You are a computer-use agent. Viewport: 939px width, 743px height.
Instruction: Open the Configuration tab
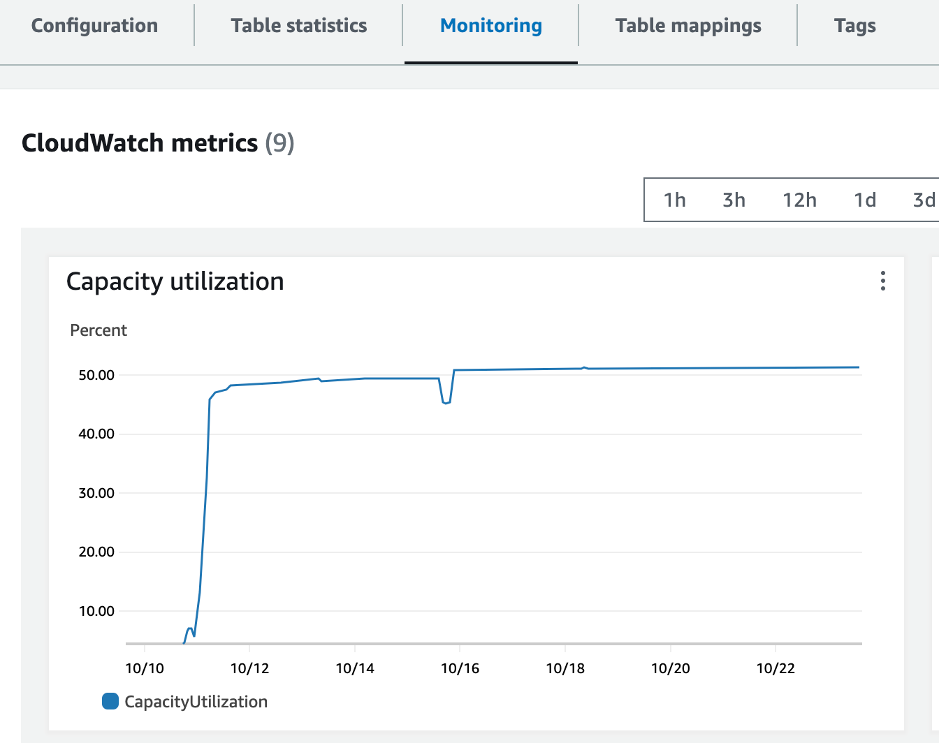tap(94, 26)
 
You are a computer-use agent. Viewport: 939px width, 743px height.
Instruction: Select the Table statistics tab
tap(298, 26)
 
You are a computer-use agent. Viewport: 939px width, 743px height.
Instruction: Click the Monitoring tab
tap(490, 26)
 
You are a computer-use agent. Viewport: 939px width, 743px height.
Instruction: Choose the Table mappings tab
tap(687, 26)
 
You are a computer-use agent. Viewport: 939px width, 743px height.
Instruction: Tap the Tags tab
tap(854, 26)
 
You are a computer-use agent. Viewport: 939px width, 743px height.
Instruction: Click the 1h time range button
tap(674, 200)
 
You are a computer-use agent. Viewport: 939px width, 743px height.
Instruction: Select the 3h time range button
tap(734, 200)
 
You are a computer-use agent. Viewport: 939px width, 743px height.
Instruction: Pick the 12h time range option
tap(799, 200)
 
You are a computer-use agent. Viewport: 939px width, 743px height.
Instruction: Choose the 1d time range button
tap(865, 200)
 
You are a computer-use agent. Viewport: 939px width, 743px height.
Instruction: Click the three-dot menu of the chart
tap(883, 281)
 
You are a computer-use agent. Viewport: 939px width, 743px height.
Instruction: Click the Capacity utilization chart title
tap(175, 281)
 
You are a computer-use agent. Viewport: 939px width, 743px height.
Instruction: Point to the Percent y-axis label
tap(99, 330)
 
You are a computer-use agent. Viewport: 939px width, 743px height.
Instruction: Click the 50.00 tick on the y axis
tap(96, 375)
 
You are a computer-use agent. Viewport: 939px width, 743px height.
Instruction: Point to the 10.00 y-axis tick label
tap(96, 611)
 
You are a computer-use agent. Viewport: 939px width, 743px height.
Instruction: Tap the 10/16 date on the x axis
tap(460, 668)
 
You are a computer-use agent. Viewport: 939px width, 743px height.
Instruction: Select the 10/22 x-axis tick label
tap(776, 668)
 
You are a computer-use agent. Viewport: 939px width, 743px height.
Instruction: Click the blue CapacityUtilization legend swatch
tap(110, 701)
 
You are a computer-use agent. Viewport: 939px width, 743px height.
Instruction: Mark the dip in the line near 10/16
tap(446, 402)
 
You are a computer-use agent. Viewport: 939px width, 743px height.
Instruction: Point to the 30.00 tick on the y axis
tap(96, 493)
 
